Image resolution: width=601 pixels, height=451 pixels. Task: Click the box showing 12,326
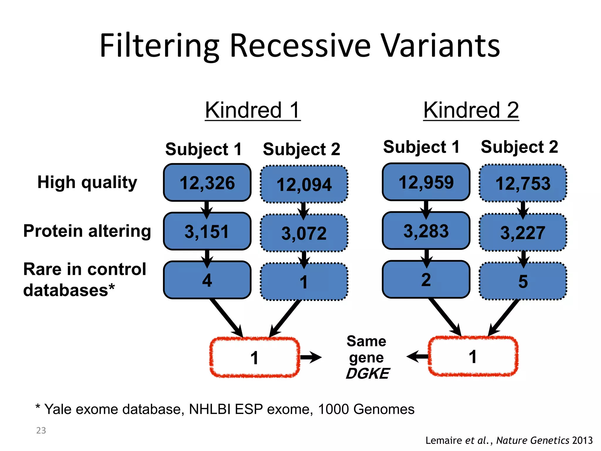point(207,183)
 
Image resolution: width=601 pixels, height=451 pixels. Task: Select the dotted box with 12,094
point(304,184)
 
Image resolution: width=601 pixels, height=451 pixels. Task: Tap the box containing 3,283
point(426,231)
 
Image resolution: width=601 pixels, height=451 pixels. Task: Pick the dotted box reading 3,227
point(523,233)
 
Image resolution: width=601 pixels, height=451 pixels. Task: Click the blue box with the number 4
point(207,280)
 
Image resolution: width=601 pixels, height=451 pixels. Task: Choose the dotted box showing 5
point(523,281)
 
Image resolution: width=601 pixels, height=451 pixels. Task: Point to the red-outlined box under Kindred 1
point(254,357)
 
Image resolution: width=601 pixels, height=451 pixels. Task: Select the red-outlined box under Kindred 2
point(473,356)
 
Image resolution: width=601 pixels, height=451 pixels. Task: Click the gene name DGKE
point(367,374)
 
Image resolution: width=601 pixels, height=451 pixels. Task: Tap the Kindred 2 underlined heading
point(471,110)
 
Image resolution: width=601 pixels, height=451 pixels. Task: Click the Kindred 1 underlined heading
point(253,110)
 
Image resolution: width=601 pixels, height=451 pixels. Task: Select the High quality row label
point(87,182)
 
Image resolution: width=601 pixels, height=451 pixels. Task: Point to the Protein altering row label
point(87,231)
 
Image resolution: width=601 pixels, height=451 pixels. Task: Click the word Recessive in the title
point(300,46)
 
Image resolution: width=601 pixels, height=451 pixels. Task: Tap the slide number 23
point(41,430)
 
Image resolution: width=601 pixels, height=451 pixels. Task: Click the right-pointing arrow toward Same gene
point(311,357)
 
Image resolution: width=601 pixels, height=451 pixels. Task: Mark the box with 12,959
point(426,182)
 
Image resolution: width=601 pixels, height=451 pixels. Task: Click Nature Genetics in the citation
point(533,440)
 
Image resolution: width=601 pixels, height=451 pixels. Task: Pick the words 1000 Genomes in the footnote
point(366,409)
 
